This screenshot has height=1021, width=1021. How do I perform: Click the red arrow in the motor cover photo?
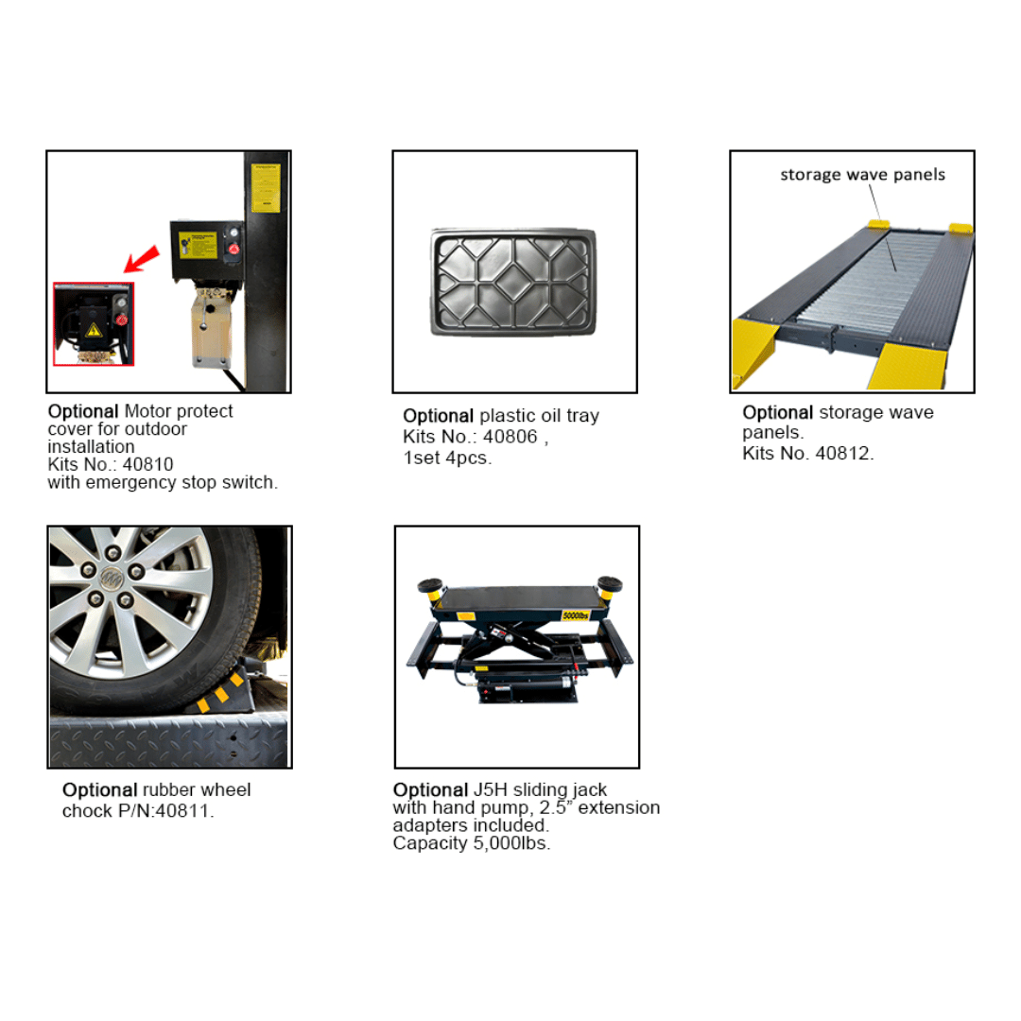click(x=140, y=257)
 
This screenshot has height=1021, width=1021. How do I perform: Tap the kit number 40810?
click(x=151, y=464)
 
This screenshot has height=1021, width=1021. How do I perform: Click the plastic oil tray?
click(x=514, y=280)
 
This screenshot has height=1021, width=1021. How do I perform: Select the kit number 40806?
click(x=515, y=438)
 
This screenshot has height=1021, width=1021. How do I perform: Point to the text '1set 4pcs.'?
click(x=447, y=459)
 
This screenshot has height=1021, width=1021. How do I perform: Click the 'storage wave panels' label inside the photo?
click(x=862, y=174)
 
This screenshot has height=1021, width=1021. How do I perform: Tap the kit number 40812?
click(x=843, y=453)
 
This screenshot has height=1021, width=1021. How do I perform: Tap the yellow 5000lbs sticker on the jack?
click(x=576, y=615)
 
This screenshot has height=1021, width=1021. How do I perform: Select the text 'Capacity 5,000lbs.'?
click(x=472, y=844)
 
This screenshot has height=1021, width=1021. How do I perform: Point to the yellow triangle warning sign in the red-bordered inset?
click(x=94, y=329)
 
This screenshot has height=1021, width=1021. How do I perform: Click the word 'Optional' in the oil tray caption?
click(x=438, y=416)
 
